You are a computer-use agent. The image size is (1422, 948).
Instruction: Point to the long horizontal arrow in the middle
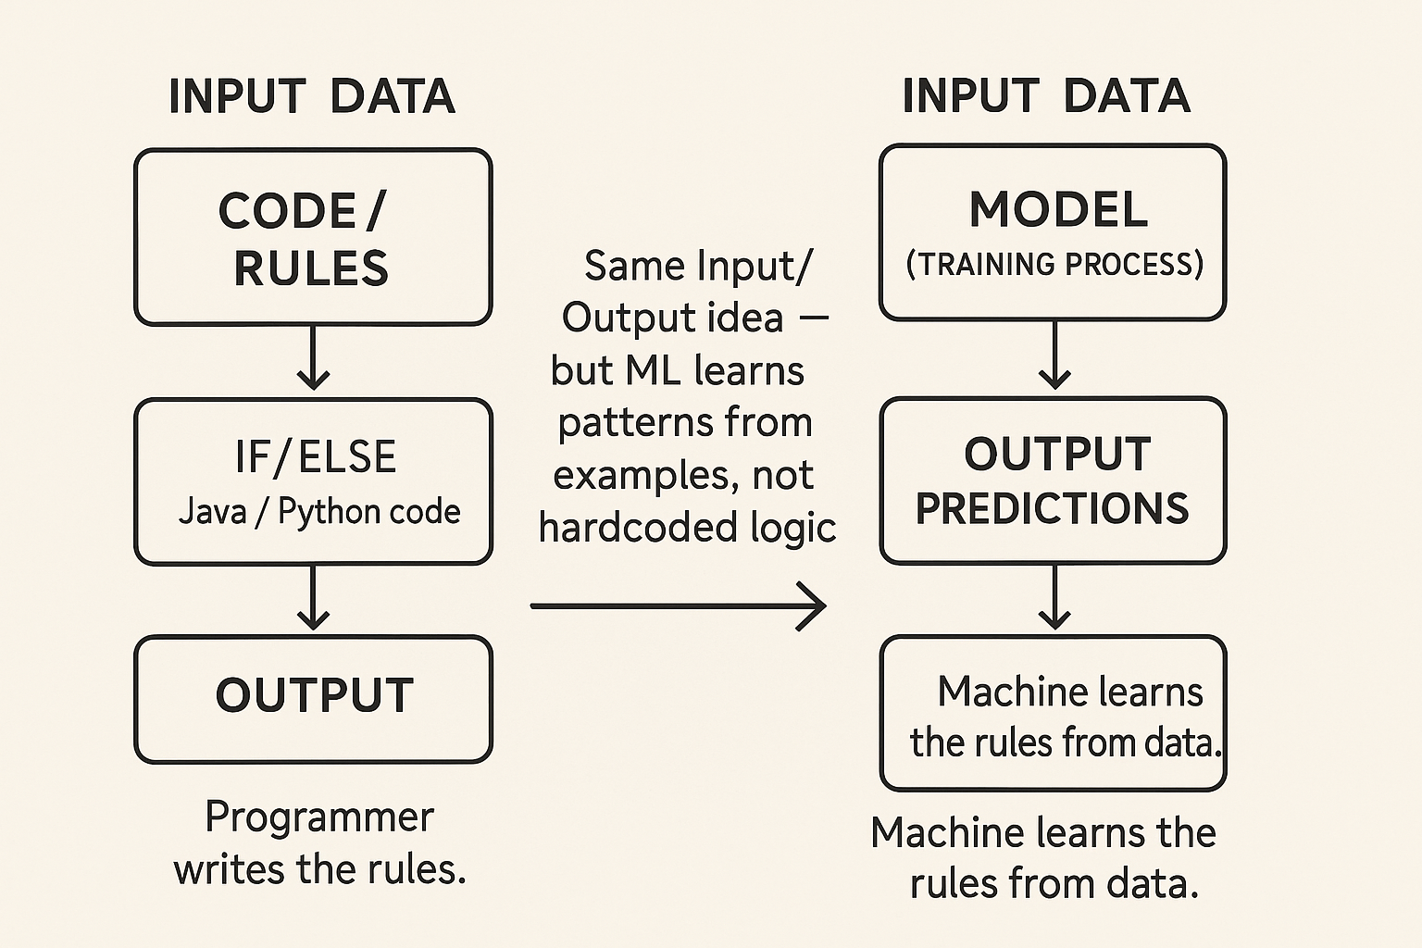(x=678, y=606)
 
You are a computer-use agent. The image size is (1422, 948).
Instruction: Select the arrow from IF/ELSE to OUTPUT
(x=313, y=597)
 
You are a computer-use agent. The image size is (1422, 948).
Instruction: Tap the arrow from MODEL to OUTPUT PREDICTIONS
(x=1054, y=355)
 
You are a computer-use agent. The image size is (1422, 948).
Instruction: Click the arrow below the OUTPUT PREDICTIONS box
(x=1054, y=597)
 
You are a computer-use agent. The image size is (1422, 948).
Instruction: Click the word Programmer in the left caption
(x=319, y=817)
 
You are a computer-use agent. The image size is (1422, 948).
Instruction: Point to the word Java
(x=212, y=511)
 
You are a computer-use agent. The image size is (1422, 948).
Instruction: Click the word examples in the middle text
(x=646, y=476)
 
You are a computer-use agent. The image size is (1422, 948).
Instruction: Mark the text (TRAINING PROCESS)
(x=1054, y=264)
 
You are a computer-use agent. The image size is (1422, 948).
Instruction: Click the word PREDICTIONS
(x=1052, y=508)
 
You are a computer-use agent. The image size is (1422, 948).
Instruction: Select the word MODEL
(x=1058, y=209)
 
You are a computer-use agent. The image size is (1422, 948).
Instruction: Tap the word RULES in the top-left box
(x=311, y=268)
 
